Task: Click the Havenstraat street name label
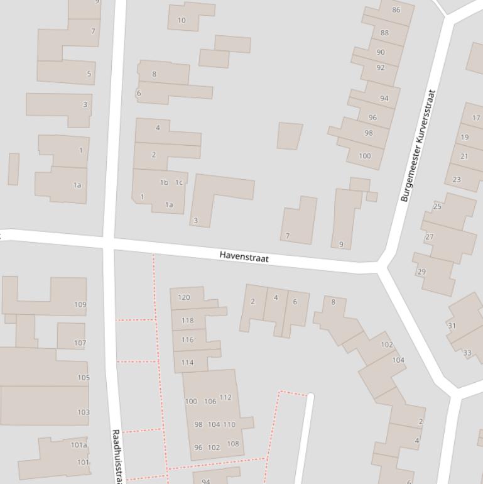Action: tap(244, 256)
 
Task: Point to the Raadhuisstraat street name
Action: tap(117, 456)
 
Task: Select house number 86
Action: tap(396, 10)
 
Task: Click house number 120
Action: tap(184, 297)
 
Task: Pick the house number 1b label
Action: tap(164, 183)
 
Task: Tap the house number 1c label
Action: tap(179, 183)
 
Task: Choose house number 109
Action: tap(80, 305)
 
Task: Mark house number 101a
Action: tap(79, 445)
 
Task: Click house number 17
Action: tap(476, 118)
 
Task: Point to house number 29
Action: tap(421, 272)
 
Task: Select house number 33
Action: tap(467, 353)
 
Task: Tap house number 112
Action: tap(225, 397)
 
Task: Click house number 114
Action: tap(187, 363)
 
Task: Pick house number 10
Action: tap(182, 21)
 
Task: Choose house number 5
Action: tap(89, 74)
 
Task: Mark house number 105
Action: tap(84, 378)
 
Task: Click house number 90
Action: tap(381, 52)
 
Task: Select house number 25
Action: tap(437, 206)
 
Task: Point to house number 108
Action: tap(232, 444)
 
